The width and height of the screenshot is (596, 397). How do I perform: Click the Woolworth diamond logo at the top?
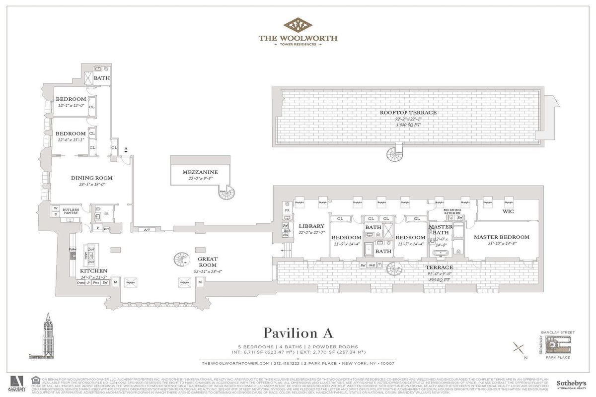point(298,25)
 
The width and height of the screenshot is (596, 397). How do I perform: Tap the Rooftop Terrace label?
point(408,113)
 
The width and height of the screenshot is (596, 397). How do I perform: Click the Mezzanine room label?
point(200,172)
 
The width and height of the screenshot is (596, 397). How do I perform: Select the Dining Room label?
point(91,178)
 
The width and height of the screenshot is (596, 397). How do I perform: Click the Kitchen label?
point(93,271)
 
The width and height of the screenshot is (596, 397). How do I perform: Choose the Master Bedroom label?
point(501,237)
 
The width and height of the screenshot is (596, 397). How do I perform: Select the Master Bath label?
point(441,230)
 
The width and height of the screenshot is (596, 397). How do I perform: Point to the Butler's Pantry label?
point(71,210)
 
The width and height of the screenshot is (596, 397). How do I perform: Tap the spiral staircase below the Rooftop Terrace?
point(396,154)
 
